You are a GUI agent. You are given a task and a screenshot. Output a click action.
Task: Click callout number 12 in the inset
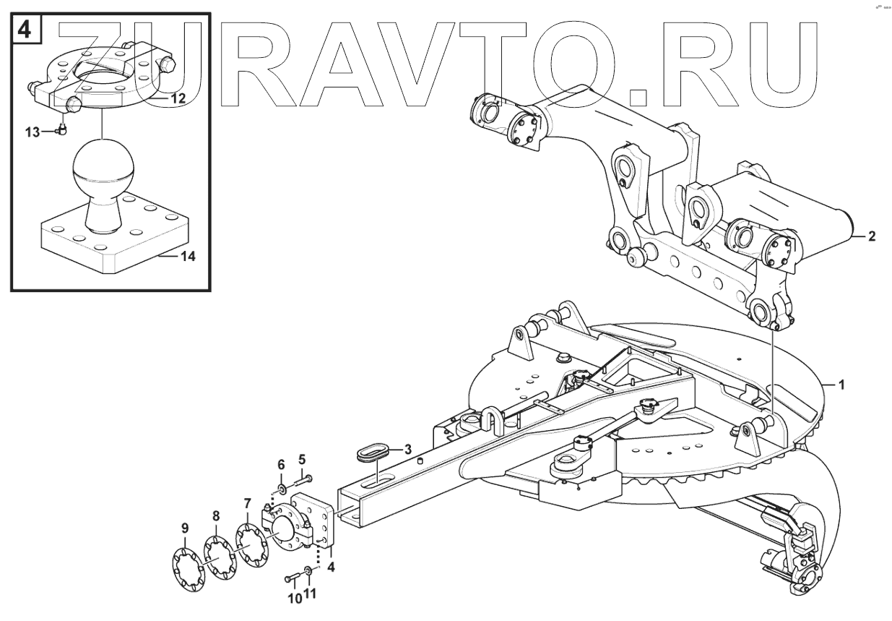coord(178,96)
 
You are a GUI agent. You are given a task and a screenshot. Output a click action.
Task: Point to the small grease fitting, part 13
coord(62,130)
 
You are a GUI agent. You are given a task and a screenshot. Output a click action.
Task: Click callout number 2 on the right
coord(872,236)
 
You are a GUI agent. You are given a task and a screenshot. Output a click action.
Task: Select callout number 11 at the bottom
coord(310,594)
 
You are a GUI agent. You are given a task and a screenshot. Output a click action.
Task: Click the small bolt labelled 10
coord(292,578)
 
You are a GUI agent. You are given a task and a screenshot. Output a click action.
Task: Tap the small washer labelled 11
coord(309,573)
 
